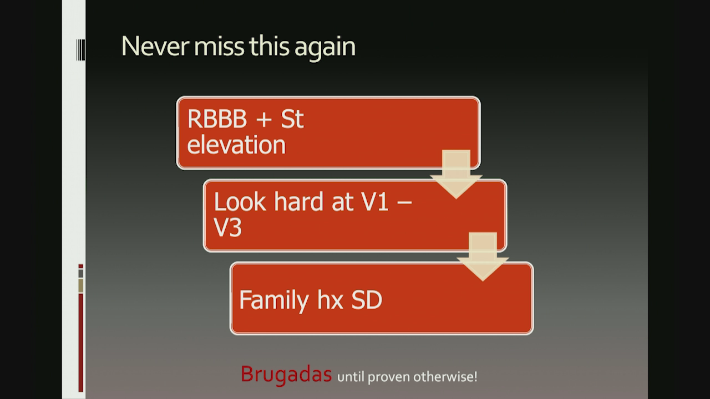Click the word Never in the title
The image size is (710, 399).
[155, 47]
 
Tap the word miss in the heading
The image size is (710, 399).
[219, 47]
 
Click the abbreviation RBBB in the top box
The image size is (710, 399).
[217, 119]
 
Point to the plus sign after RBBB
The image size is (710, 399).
[264, 120]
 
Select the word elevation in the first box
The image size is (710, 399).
[236, 145]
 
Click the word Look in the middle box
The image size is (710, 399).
[240, 201]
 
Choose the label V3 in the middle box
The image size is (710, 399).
[227, 227]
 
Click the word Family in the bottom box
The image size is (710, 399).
[274, 300]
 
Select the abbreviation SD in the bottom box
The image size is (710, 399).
[367, 300]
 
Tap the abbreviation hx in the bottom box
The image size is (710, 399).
[330, 300]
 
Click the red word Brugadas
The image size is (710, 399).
[286, 375]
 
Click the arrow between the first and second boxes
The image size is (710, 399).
[456, 174]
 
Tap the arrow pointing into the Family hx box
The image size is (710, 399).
[483, 257]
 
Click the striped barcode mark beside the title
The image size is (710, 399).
[80, 50]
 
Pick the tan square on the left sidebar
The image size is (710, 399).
[81, 285]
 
